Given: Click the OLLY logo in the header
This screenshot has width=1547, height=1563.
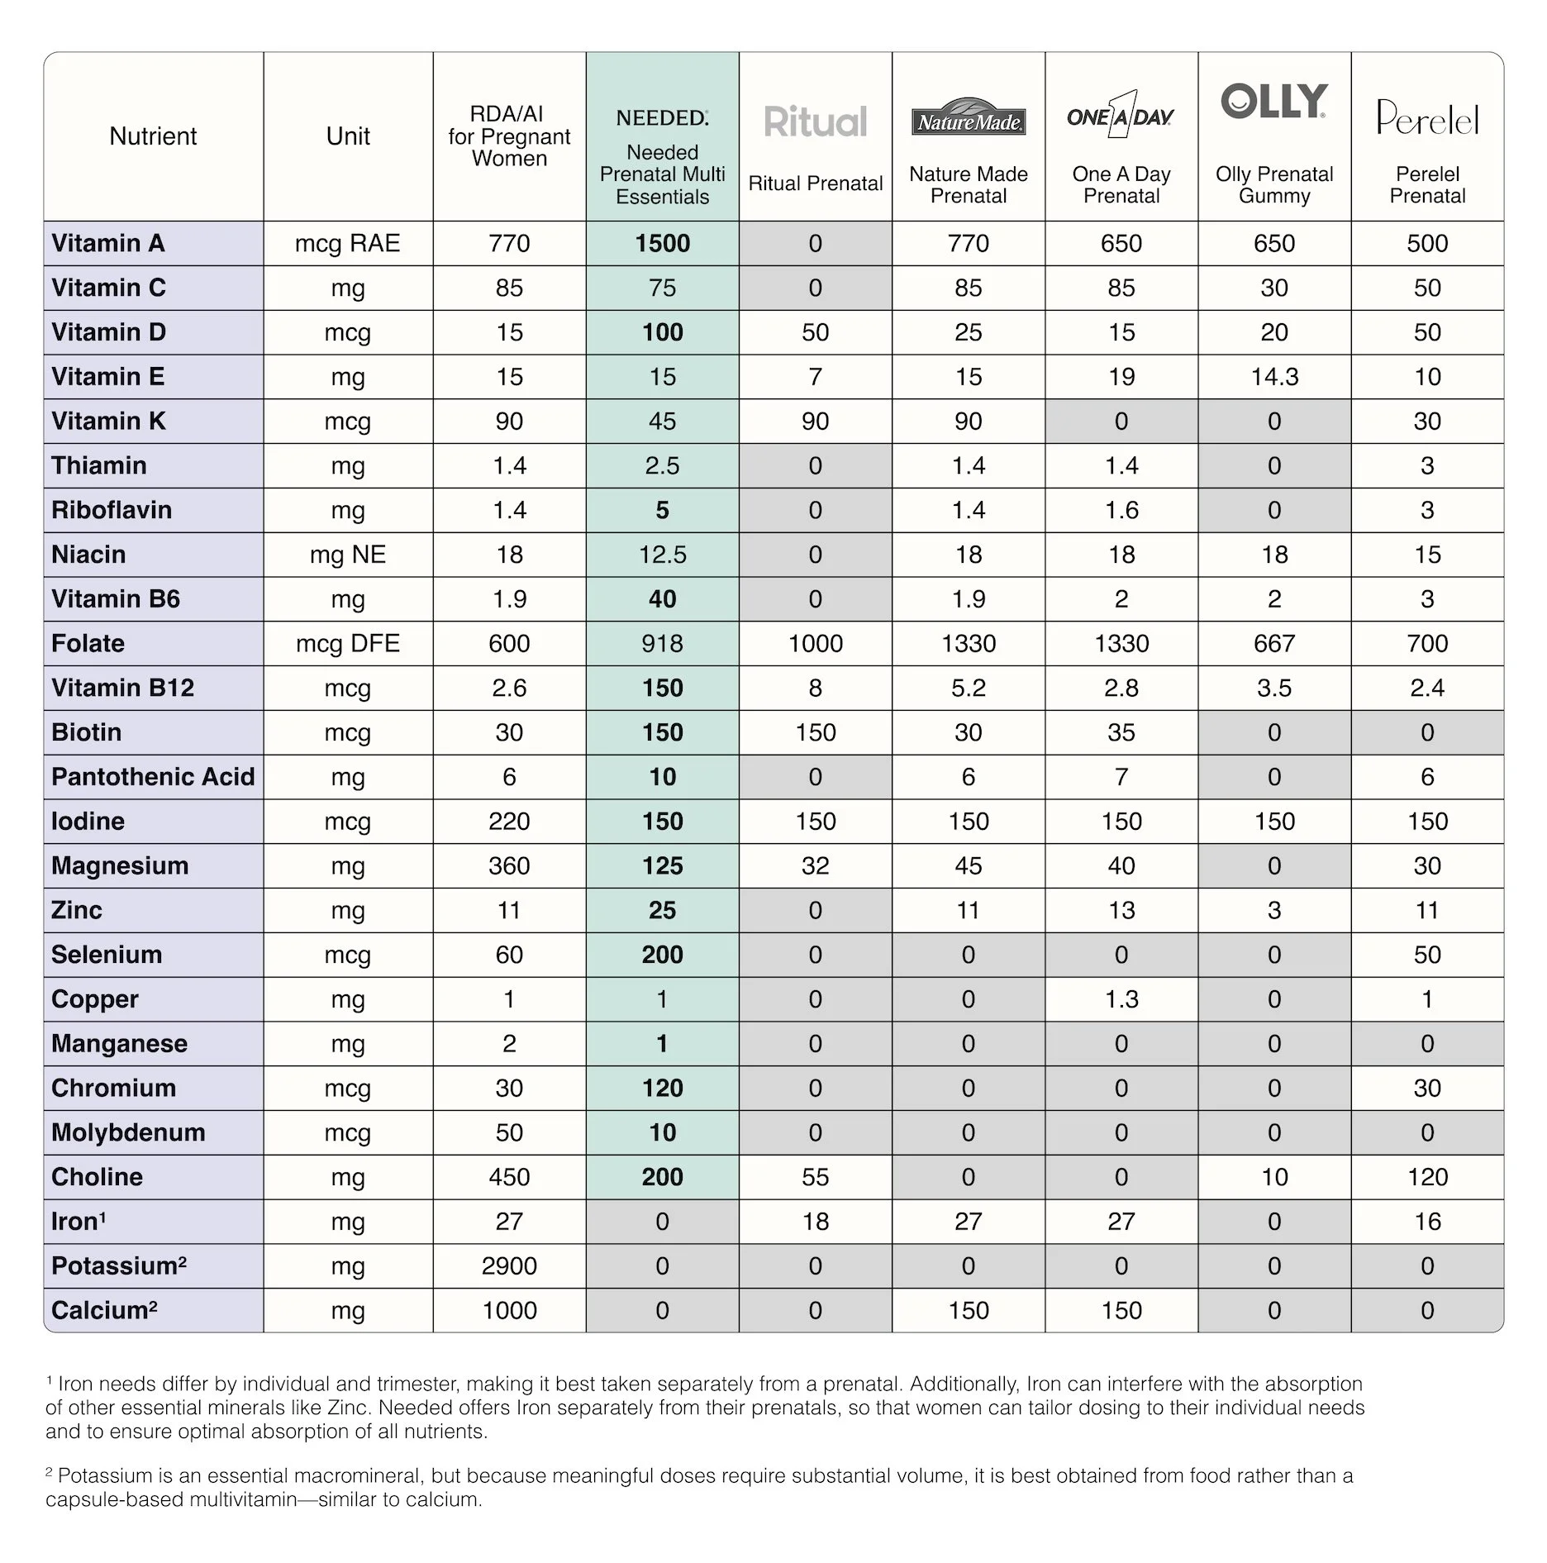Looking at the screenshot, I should point(1273,102).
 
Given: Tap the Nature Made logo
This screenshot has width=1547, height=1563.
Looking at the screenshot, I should point(968,117).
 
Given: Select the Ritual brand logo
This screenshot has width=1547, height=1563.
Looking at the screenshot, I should point(815,122).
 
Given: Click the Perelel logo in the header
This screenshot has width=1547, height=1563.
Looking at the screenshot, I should point(1427,118).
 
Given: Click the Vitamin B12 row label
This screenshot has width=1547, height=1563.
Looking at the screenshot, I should point(122,688).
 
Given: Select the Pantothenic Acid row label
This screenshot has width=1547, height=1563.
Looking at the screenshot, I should point(153,777).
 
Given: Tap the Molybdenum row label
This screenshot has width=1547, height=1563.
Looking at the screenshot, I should point(128,1132).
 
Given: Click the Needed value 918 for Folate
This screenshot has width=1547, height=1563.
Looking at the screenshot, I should point(662,644).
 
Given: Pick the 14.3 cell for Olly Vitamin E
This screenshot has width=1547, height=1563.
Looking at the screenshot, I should point(1274,377).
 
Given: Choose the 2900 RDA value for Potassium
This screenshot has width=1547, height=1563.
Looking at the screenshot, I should point(509,1266).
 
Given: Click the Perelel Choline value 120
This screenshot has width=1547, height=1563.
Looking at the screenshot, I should point(1427,1177).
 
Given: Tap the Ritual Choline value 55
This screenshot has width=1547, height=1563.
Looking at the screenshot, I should point(815,1177).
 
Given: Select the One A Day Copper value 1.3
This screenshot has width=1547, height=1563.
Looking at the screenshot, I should point(1121,999).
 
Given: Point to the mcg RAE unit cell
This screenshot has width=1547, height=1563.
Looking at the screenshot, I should point(347,244).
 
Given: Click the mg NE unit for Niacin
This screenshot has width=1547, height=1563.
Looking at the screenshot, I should point(347,555).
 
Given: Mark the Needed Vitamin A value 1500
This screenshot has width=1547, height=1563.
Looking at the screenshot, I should point(662,244).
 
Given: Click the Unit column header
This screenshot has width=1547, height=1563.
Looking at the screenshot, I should point(347,136).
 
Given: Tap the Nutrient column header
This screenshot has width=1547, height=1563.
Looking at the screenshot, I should point(153,136).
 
